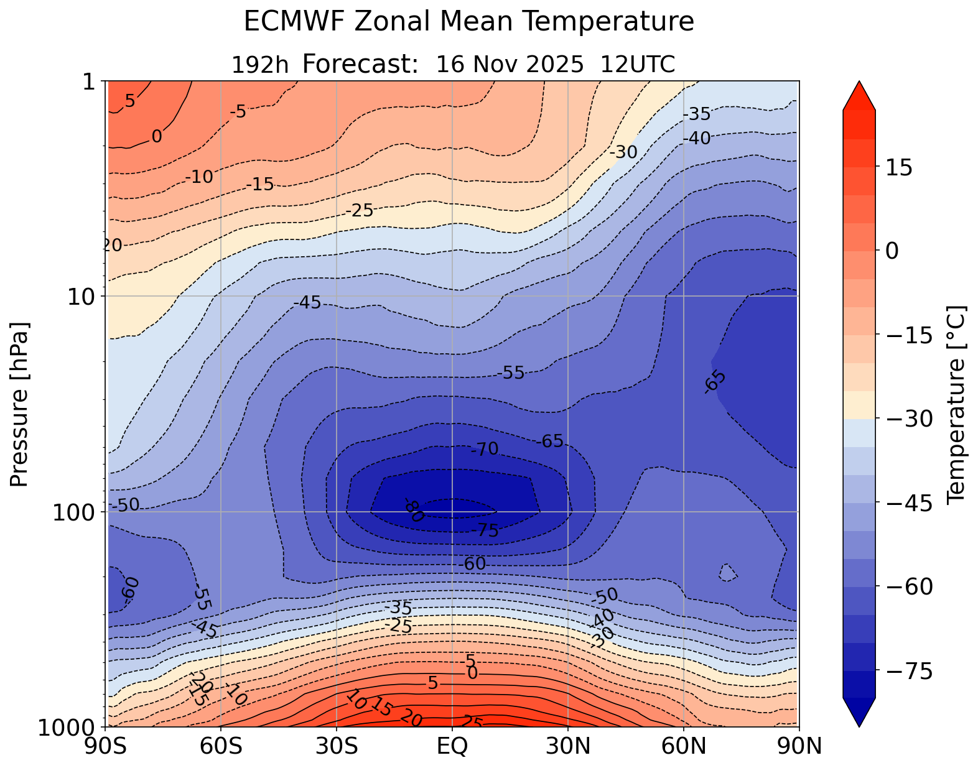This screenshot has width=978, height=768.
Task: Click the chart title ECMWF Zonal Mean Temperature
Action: pos(468,22)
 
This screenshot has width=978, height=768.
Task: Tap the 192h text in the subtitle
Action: pos(260,65)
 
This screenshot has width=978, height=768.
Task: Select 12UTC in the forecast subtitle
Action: pos(638,65)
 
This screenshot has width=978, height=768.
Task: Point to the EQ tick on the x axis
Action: pos(452,746)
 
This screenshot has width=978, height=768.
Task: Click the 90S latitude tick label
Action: pos(107,746)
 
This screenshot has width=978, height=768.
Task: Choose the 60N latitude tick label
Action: pos(684,746)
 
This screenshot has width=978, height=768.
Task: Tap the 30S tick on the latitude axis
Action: pos(337,746)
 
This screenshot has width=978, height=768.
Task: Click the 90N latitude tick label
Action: pos(799,746)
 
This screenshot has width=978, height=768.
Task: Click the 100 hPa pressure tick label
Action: pos(75,512)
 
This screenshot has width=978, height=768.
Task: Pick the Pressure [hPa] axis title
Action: pos(21,404)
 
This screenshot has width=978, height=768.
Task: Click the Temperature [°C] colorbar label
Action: pos(955,404)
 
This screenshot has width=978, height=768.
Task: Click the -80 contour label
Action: pos(414,511)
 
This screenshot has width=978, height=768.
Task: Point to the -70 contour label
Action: pos(485,449)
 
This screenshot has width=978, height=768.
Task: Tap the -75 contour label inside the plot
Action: pos(485,530)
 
